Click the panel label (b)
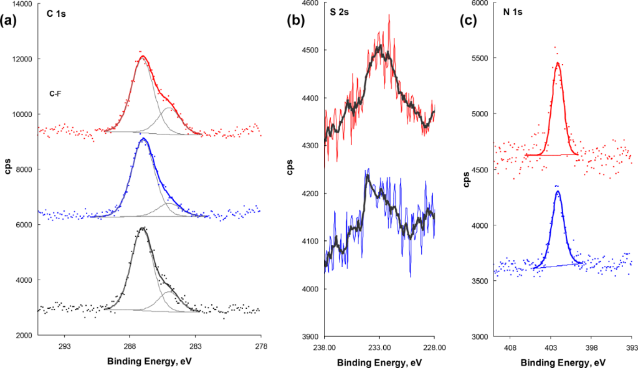pos(295,21)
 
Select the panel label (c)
pos(468,21)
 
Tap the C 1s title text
pos(56,14)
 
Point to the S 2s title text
pos(340,13)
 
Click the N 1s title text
pos(508,13)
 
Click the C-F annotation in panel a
pos(55,94)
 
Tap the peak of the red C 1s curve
pos(143,57)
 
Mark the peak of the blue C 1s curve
pos(143,139)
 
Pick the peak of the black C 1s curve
pos(143,228)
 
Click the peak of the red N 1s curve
pos(558,63)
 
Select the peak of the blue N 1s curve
pos(558,192)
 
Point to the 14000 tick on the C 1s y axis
pos(22,4)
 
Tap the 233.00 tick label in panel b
pos(379,348)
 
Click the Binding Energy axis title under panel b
pos(379,362)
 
